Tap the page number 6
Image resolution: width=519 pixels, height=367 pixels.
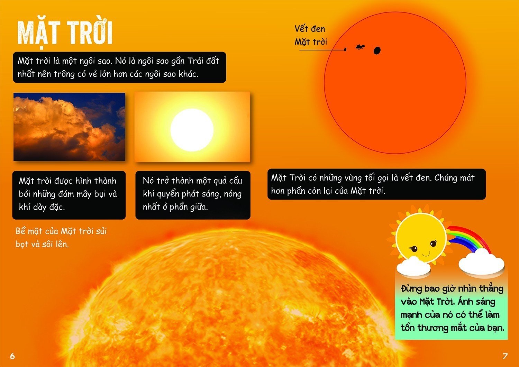[x=12, y=356]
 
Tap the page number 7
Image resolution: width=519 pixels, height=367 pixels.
[x=505, y=356]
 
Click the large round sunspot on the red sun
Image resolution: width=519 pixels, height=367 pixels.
[x=377, y=50]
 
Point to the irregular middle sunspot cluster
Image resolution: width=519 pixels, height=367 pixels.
[x=360, y=47]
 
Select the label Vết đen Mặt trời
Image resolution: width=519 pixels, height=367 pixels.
[x=310, y=35]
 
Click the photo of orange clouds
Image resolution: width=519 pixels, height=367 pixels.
[x=69, y=127]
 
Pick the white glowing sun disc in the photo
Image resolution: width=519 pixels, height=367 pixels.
[x=192, y=130]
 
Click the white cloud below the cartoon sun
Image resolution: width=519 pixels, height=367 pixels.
[x=413, y=266]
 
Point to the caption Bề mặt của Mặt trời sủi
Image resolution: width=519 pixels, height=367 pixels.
[x=61, y=231]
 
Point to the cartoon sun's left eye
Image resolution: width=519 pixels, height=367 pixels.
[x=413, y=249]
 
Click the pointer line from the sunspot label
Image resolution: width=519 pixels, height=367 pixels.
[x=322, y=50]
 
